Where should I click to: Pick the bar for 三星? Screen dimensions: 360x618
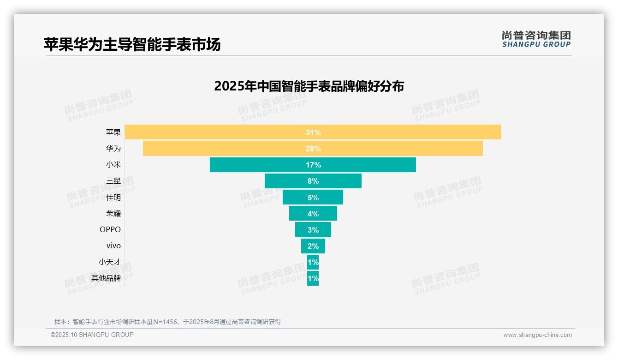[286, 181]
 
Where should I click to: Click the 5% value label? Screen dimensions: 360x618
[313, 198]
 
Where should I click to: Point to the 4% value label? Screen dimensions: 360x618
[313, 214]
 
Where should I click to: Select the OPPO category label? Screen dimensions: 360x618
[110, 229]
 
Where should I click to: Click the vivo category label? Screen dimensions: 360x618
[113, 246]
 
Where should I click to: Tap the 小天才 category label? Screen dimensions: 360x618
[110, 262]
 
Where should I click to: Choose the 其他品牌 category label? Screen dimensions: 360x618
[106, 278]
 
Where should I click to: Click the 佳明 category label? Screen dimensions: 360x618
[113, 197]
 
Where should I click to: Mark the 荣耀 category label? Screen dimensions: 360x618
[113, 213]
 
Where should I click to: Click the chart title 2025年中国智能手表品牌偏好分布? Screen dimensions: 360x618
[309, 86]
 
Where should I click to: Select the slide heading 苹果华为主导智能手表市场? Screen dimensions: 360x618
[132, 44]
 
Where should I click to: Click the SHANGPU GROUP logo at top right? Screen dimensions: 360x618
[536, 39]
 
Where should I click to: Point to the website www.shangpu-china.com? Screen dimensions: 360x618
[537, 335]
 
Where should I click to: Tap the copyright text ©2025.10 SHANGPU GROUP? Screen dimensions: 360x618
[92, 335]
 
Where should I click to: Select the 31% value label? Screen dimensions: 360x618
[313, 132]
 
